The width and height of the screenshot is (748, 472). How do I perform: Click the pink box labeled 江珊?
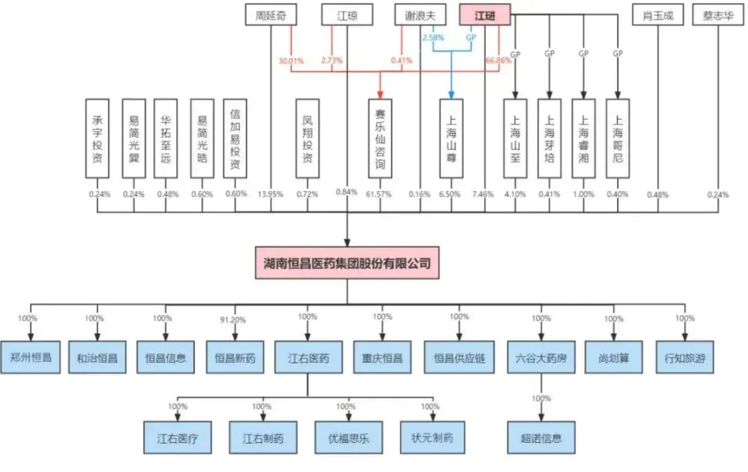coord(485,15)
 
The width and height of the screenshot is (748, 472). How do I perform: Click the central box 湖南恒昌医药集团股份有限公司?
coord(347,264)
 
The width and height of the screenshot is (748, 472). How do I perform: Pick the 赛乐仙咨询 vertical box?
coord(380,138)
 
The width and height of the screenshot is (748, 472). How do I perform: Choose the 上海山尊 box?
coord(451,138)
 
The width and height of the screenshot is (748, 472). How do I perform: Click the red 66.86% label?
coord(499,61)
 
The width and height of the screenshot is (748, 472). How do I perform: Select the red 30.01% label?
coord(292,61)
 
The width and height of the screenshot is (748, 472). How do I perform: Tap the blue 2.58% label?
coord(433,38)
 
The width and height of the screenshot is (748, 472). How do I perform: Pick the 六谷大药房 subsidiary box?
coord(541,358)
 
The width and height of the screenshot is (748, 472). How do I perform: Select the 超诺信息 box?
coord(541,437)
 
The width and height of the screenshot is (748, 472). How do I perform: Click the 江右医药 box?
coord(308,358)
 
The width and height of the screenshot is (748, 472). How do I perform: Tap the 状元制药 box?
coord(432,437)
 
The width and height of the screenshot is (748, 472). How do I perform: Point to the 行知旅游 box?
coord(684,358)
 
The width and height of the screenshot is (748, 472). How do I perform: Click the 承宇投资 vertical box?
coord(98,138)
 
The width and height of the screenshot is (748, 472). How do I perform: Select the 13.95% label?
coord(270,194)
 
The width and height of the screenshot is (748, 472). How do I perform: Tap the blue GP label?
coord(471,38)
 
